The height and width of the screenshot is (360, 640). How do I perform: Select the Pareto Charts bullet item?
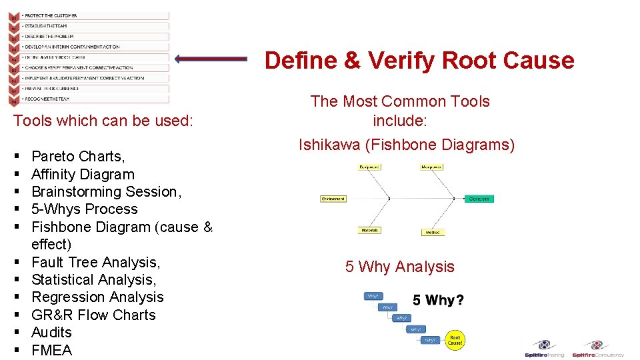point(78,157)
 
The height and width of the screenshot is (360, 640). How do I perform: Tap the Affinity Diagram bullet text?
point(83,175)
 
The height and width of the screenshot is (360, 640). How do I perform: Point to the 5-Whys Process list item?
point(84,209)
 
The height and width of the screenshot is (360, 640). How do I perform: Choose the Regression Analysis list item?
point(97,297)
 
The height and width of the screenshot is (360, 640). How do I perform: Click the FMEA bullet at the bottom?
point(51,350)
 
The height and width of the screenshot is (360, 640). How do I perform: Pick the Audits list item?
point(51,333)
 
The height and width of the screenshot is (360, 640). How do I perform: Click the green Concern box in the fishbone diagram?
point(479,199)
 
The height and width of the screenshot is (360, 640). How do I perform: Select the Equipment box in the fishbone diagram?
point(369,167)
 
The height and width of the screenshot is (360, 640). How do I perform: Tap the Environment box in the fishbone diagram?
point(333,199)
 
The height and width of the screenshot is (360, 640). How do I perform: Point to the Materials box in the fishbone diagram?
point(369,230)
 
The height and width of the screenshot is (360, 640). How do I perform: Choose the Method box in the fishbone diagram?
point(433,233)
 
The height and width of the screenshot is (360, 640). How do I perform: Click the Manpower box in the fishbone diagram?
point(431,167)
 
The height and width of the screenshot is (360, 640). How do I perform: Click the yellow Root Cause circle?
point(455,341)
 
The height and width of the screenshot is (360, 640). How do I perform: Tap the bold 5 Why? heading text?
point(438,301)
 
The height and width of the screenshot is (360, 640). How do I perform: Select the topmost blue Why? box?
point(373,296)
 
